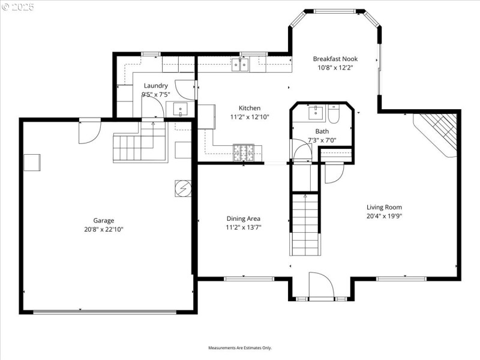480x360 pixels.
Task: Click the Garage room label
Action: (x=103, y=220)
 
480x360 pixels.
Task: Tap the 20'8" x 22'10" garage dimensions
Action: (x=103, y=229)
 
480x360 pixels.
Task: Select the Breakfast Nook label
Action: (x=335, y=59)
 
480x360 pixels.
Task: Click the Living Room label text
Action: (x=384, y=207)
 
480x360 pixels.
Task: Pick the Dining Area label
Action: (x=243, y=218)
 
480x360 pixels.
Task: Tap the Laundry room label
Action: (x=155, y=86)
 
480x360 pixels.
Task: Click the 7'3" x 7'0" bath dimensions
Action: (x=322, y=140)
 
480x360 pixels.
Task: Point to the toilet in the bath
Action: (x=335, y=113)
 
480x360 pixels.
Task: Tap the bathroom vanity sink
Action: (x=314, y=113)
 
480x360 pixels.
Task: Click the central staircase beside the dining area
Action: (x=305, y=223)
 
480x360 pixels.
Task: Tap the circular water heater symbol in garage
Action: (x=182, y=188)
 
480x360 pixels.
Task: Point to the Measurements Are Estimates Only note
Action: (x=240, y=348)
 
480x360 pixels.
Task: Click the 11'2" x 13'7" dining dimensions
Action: (x=243, y=227)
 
